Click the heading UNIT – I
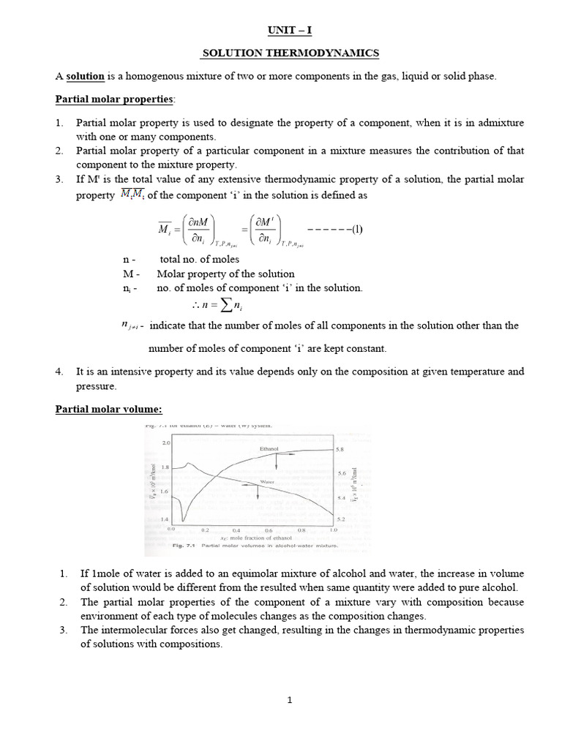290,30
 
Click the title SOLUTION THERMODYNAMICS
290,53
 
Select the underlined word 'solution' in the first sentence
86,76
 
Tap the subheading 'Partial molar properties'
114,99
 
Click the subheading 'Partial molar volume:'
108,409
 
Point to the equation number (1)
356,228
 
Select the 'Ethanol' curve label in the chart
269,448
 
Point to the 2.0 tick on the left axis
165,443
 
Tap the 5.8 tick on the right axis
340,450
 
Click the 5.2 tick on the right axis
340,518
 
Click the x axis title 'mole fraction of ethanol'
250,538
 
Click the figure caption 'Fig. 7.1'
181,546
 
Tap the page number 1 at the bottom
290,700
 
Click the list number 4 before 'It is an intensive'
60,372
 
